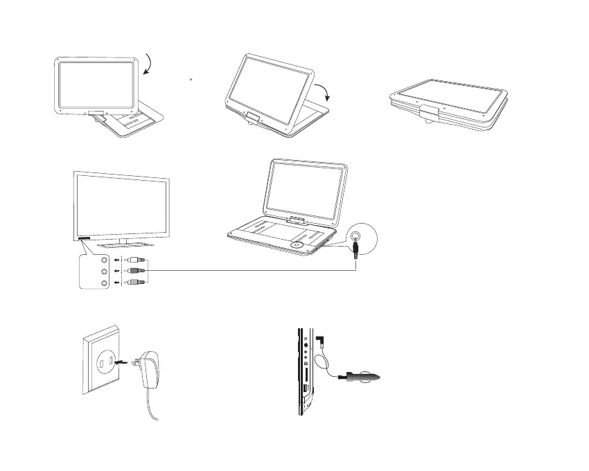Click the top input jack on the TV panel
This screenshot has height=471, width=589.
(104, 260)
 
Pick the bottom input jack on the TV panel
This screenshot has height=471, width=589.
(104, 283)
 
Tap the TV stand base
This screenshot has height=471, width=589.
(125, 245)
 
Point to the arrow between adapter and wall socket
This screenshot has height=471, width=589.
(123, 360)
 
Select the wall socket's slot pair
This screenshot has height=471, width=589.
(103, 362)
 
